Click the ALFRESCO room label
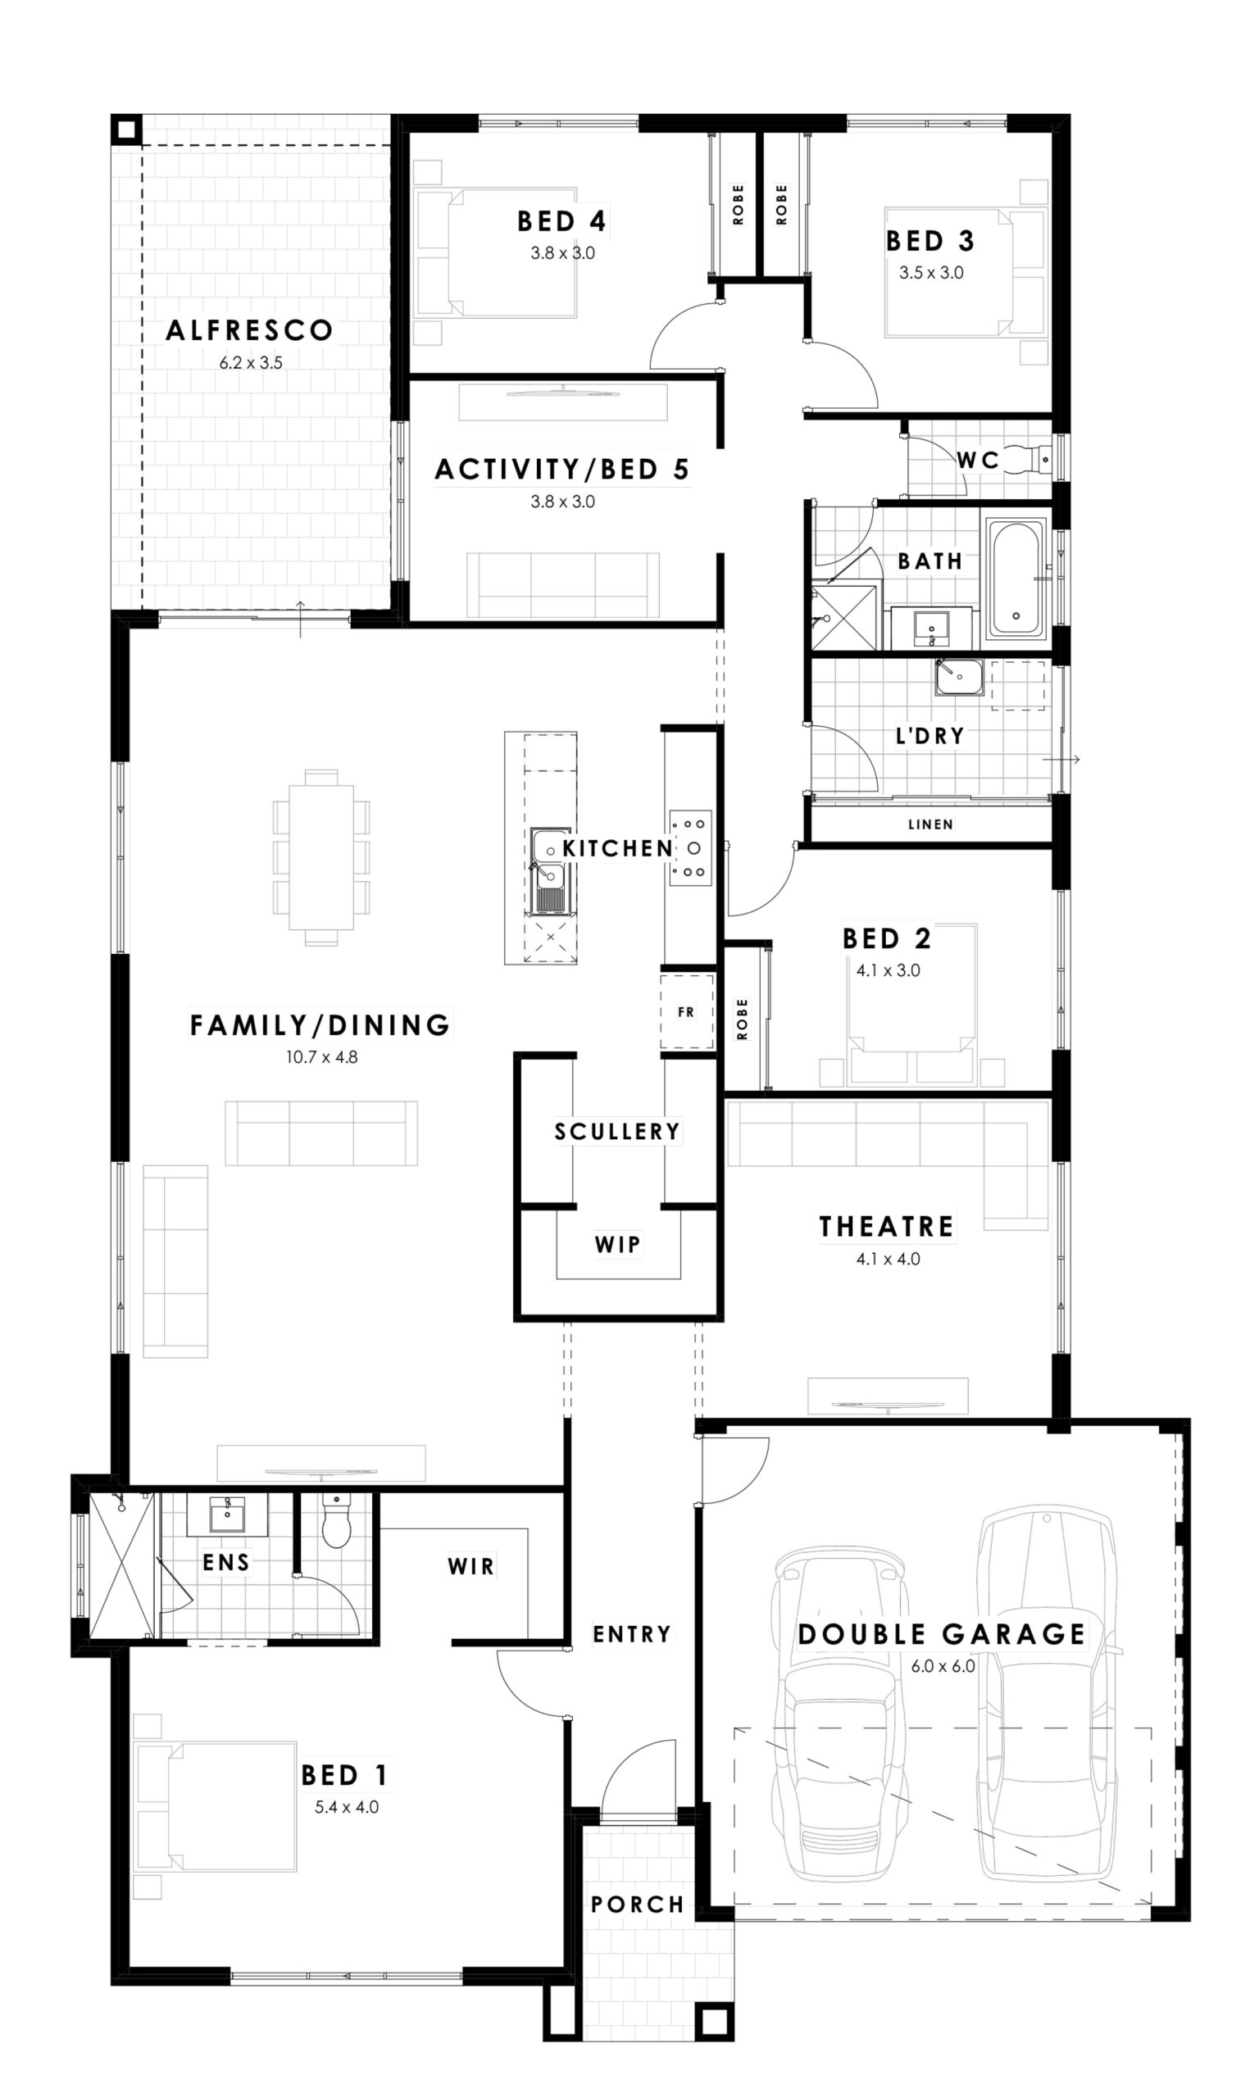point(249,330)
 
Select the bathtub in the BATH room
point(1016,580)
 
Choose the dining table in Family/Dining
point(320,857)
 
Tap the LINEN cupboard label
point(930,824)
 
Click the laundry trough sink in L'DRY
point(960,678)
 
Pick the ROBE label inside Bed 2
point(743,1019)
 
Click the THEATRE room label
point(887,1226)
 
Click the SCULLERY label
point(616,1131)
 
